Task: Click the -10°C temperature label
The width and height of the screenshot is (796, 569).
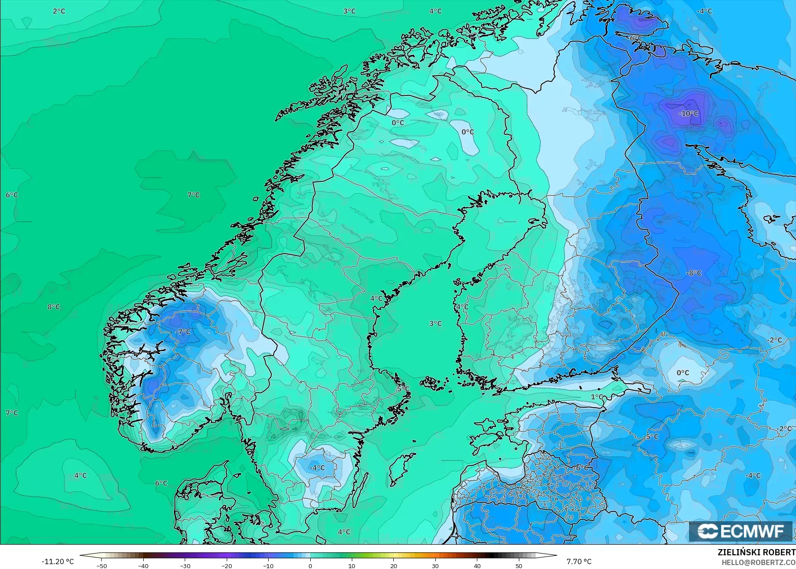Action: coord(688,114)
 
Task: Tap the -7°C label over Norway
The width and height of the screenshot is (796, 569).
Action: coord(183,332)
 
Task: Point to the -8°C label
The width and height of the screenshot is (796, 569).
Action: coord(693,273)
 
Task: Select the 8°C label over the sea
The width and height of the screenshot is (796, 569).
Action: coord(53,307)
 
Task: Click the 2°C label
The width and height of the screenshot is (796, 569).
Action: coord(59,11)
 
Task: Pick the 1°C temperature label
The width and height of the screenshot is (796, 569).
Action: coord(597,397)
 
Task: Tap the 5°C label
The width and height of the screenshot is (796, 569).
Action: coord(403,389)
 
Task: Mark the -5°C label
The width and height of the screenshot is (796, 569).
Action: coord(651,437)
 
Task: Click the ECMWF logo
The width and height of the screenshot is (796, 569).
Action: coord(741,531)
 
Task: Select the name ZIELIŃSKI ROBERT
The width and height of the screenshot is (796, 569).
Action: coord(756,553)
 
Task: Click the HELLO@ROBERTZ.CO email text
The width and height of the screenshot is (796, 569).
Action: coord(758,562)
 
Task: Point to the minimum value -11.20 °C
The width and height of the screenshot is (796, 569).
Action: coord(57,561)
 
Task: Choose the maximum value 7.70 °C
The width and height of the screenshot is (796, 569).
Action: coord(579,561)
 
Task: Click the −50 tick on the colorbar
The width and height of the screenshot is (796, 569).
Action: coord(101,566)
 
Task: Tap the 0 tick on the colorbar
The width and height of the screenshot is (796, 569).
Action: coord(310,566)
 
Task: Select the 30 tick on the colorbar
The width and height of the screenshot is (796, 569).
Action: coord(435,566)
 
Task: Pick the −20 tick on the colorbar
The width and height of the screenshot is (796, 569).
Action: coord(227,566)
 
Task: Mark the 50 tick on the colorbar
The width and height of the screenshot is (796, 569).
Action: coord(519,566)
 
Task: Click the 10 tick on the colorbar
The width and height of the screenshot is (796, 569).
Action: coord(352,566)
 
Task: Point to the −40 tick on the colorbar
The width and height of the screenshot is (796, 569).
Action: coord(143,566)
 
